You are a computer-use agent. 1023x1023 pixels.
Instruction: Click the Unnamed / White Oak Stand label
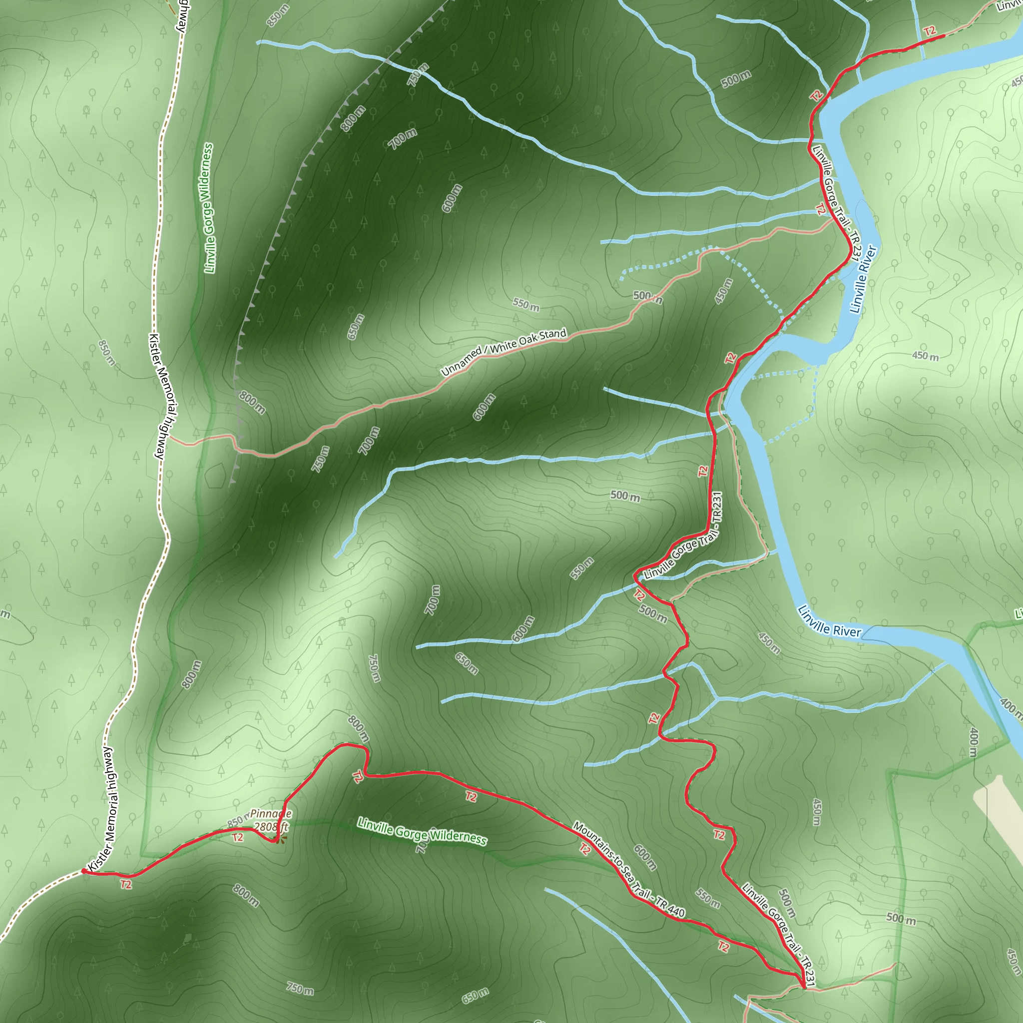(x=504, y=352)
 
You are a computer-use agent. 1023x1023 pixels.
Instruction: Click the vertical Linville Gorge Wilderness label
(x=209, y=208)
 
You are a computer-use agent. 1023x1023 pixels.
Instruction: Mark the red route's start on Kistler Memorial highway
(x=83, y=871)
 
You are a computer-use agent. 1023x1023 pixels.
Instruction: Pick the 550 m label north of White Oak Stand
(x=526, y=305)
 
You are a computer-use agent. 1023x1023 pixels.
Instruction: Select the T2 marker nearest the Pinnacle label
(x=238, y=838)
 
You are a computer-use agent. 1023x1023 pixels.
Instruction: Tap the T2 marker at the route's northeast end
(x=930, y=31)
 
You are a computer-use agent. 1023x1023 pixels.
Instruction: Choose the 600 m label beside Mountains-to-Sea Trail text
(x=645, y=858)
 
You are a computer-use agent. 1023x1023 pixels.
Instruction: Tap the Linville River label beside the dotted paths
(x=863, y=279)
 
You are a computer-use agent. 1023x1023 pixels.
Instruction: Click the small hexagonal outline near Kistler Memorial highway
(x=215, y=476)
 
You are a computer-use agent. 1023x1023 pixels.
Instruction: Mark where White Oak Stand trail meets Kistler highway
(x=169, y=439)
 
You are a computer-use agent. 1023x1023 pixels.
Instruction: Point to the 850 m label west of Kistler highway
(x=106, y=353)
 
